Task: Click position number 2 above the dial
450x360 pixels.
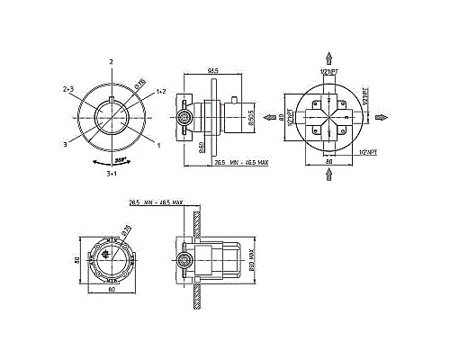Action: point(111,61)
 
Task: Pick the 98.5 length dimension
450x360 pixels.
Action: point(213,70)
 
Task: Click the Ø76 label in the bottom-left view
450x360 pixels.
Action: point(126,232)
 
